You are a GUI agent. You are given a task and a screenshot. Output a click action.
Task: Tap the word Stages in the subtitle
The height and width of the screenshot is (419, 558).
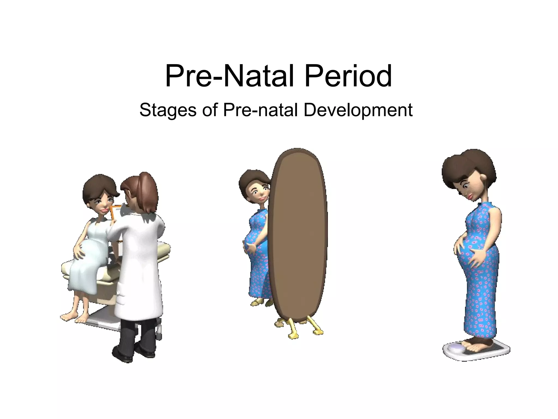coord(168,110)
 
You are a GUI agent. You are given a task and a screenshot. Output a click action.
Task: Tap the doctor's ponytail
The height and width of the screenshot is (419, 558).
coord(148,188)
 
